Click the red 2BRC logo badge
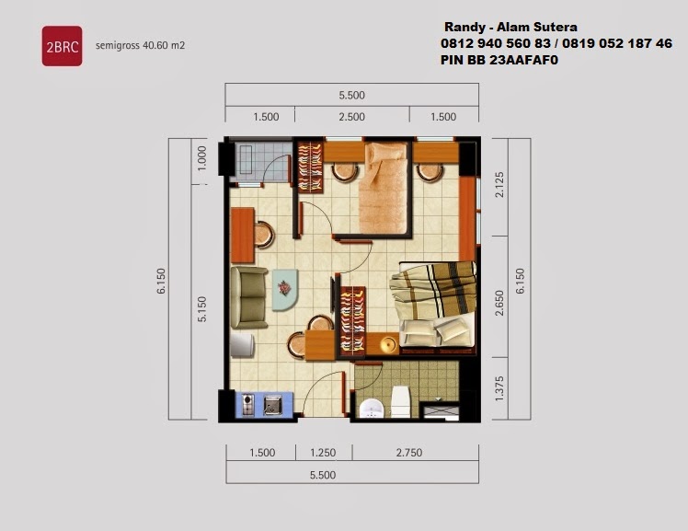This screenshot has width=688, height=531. [62, 46]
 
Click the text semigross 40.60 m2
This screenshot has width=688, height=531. [140, 45]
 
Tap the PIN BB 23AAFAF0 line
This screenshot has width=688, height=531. [499, 60]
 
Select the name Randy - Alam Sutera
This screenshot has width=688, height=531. [510, 28]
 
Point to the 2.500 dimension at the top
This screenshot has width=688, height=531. [352, 117]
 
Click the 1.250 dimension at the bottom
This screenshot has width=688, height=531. [323, 453]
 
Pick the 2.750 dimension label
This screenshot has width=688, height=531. [409, 453]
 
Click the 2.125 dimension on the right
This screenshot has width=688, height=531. [499, 185]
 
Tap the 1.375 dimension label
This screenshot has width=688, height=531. [499, 388]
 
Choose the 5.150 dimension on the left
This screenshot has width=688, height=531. [201, 309]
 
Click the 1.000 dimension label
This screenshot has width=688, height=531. [201, 158]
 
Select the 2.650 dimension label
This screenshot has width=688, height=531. [499, 303]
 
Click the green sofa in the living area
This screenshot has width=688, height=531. [248, 297]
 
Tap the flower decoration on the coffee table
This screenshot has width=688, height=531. [284, 288]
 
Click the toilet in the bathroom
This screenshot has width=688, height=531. [400, 401]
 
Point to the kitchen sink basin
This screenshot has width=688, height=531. [273, 405]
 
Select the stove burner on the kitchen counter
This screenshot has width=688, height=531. [248, 405]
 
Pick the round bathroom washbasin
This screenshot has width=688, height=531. [372, 409]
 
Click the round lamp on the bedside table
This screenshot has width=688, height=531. [388, 344]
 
